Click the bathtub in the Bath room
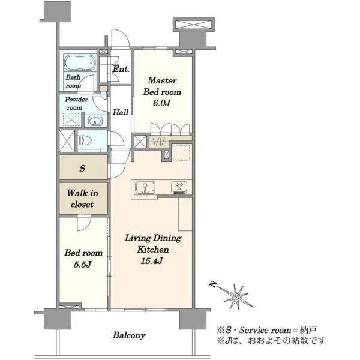click(x=80, y=62)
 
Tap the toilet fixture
click(x=85, y=140)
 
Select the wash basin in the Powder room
click(x=94, y=121)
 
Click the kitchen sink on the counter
click(x=145, y=187)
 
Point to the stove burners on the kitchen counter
click(x=179, y=187)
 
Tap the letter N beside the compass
click(x=212, y=284)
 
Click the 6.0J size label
click(x=161, y=103)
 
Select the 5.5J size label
click(x=83, y=264)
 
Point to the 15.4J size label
click(x=152, y=261)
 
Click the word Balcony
click(x=129, y=335)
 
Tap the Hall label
click(x=121, y=112)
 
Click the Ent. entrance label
click(x=121, y=69)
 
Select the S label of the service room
click(x=82, y=168)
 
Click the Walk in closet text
click(x=83, y=199)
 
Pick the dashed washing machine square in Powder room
click(x=71, y=119)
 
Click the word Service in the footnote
click(x=254, y=330)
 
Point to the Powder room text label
click(x=76, y=103)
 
